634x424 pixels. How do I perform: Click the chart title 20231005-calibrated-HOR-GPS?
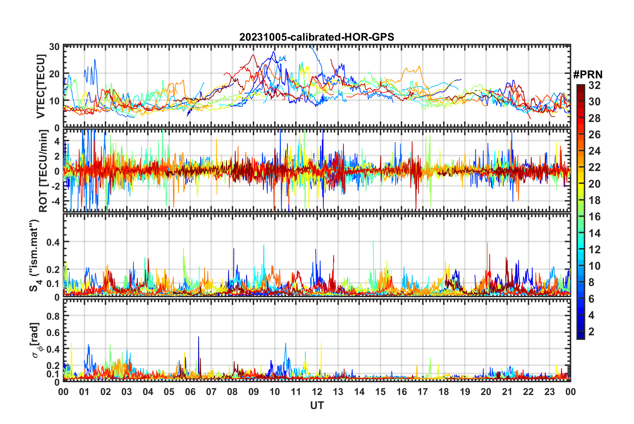coord(317,37)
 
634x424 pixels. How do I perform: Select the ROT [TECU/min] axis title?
coord(43,171)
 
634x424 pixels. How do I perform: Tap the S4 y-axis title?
coord(34,255)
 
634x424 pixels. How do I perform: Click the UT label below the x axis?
coord(317,405)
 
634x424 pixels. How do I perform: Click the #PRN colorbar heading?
coord(588,75)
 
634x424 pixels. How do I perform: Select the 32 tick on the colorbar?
coord(594,85)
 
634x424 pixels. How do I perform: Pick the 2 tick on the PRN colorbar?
coord(591,331)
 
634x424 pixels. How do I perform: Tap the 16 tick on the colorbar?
coord(594,217)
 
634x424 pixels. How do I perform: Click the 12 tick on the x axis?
coord(317,392)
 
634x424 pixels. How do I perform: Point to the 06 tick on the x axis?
coord(190,392)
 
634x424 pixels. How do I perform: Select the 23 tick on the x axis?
coord(550,392)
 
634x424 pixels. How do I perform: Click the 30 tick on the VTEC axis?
coord(54,47)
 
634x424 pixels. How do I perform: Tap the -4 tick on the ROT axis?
coord(56,201)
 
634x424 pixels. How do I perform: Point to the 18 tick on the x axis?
coord(444,392)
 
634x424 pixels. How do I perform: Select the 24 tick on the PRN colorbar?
coord(594,151)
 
